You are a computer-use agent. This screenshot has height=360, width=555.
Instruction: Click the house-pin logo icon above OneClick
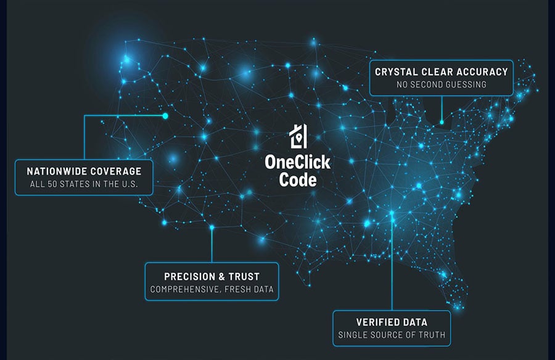(x=298, y=136)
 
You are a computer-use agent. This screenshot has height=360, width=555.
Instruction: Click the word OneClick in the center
(x=297, y=163)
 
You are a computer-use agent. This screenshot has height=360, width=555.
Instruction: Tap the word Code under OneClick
(x=298, y=180)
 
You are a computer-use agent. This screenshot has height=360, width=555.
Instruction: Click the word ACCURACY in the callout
(x=482, y=72)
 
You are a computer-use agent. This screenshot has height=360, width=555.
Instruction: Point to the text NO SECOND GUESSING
(x=442, y=84)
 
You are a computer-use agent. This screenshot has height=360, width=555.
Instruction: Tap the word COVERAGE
(x=116, y=171)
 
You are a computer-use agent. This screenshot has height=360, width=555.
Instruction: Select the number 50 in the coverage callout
(x=52, y=184)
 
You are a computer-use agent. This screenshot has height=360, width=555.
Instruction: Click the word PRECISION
(x=190, y=276)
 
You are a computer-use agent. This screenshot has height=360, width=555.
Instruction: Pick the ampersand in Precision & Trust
(x=221, y=276)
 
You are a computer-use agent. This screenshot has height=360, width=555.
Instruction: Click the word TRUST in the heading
(x=244, y=276)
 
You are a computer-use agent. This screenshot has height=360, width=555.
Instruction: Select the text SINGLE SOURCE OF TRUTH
(x=392, y=335)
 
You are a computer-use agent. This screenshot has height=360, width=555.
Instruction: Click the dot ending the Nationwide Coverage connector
(x=165, y=116)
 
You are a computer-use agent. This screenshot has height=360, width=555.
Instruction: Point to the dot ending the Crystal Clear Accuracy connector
(x=442, y=123)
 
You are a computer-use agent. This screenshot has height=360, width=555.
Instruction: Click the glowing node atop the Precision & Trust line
(x=212, y=227)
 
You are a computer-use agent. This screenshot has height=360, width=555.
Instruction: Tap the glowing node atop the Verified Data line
(x=392, y=213)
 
